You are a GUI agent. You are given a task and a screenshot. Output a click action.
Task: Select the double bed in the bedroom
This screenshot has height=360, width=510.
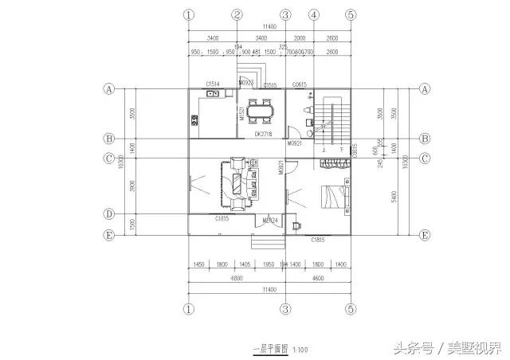(x=335, y=195)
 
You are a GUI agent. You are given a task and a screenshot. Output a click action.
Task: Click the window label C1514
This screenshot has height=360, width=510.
(x=213, y=83)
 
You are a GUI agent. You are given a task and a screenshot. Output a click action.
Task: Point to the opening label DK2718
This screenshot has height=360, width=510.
(x=264, y=135)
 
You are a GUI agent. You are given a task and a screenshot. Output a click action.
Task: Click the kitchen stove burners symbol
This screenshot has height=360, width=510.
(x=194, y=122)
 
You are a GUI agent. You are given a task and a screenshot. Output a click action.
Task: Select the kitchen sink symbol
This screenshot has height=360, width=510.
(x=213, y=94)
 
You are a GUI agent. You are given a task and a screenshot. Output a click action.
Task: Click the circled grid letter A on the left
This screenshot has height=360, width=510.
(x=108, y=89)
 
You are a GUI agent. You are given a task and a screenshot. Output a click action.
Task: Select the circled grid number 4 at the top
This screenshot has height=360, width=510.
(x=314, y=14)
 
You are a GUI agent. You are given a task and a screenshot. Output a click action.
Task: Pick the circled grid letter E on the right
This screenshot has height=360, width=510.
(x=425, y=235)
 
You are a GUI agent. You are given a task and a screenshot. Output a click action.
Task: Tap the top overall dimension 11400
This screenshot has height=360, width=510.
(x=269, y=26)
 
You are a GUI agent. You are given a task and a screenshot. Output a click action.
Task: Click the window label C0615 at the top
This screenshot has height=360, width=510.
(x=300, y=84)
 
